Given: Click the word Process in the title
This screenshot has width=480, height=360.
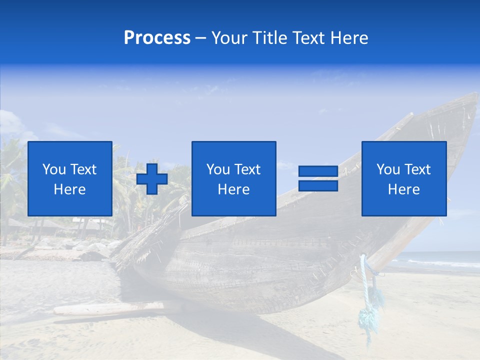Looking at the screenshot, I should pos(157,37).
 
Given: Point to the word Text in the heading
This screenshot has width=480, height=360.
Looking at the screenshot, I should pos(310,37).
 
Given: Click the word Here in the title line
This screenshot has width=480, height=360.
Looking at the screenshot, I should pos(349,37).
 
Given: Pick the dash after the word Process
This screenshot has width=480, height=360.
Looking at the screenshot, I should pos(200,38).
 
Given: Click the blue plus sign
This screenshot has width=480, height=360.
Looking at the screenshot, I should pos(152,178).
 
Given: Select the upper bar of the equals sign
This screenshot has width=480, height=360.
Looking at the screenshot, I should pos(318,171).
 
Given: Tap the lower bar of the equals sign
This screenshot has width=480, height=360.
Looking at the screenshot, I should pos(318,185).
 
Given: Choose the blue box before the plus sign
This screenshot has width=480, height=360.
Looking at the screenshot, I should pos(70,178).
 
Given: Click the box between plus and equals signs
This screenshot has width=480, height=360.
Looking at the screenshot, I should pos(233,178).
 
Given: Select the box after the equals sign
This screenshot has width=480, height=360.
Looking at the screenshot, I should pos(403,178).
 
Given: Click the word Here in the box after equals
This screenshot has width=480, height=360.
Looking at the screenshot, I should pos(403,189).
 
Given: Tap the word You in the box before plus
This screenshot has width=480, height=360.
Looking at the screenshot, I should pos(54,169).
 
